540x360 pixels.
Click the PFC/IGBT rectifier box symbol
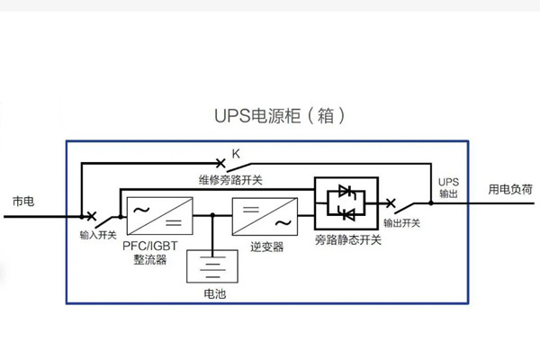point(157,215)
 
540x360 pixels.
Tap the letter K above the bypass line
point(236,154)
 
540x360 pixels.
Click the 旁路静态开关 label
point(347,240)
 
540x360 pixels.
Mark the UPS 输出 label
point(447,186)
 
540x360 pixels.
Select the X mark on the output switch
point(391,203)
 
